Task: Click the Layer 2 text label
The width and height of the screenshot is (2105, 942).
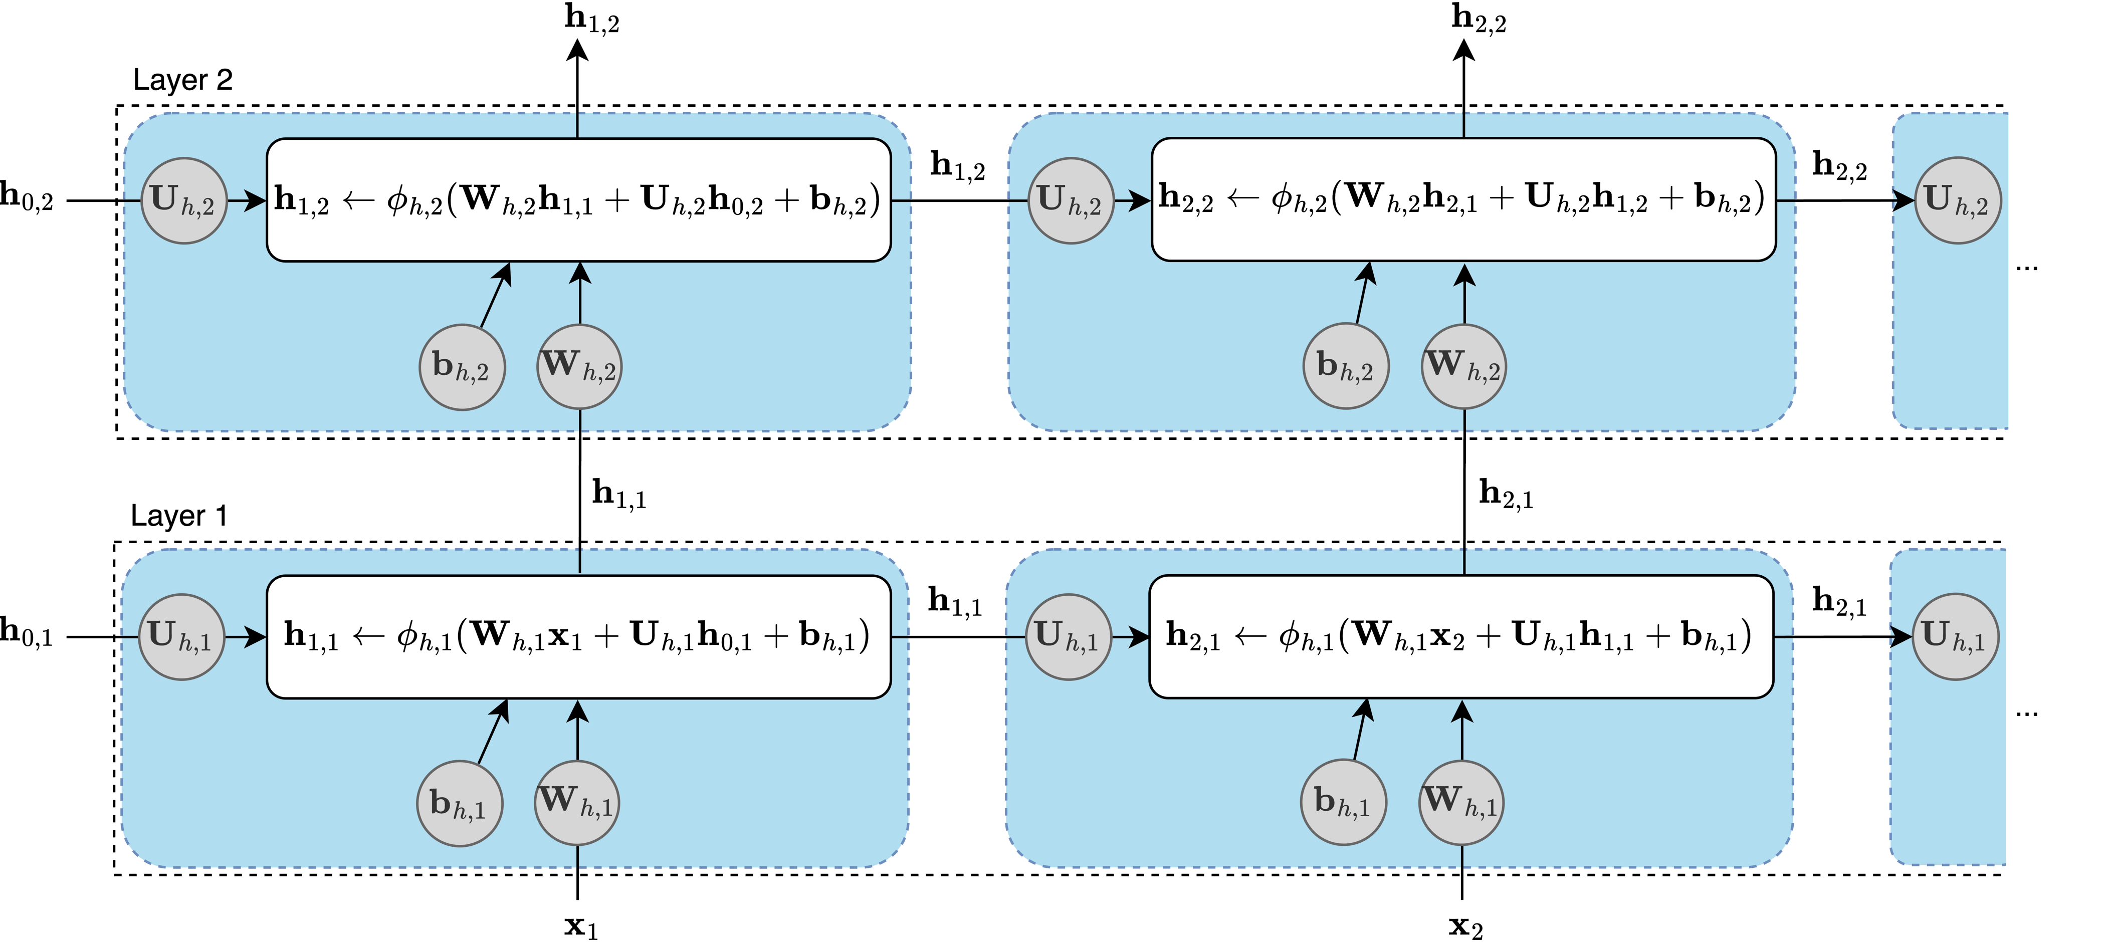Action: click(183, 80)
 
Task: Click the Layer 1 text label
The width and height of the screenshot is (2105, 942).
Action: click(179, 516)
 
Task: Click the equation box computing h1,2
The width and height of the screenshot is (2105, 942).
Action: click(578, 200)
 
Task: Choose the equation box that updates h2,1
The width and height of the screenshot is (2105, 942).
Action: click(1461, 636)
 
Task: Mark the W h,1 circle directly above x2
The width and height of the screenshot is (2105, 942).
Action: click(1461, 802)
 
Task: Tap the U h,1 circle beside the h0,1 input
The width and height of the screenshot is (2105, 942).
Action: click(181, 636)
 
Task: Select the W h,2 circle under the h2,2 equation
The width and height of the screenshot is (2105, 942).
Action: click(1463, 366)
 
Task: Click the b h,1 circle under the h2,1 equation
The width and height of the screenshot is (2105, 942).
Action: click(1343, 802)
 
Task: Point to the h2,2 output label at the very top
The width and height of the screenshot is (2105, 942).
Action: click(1478, 18)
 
